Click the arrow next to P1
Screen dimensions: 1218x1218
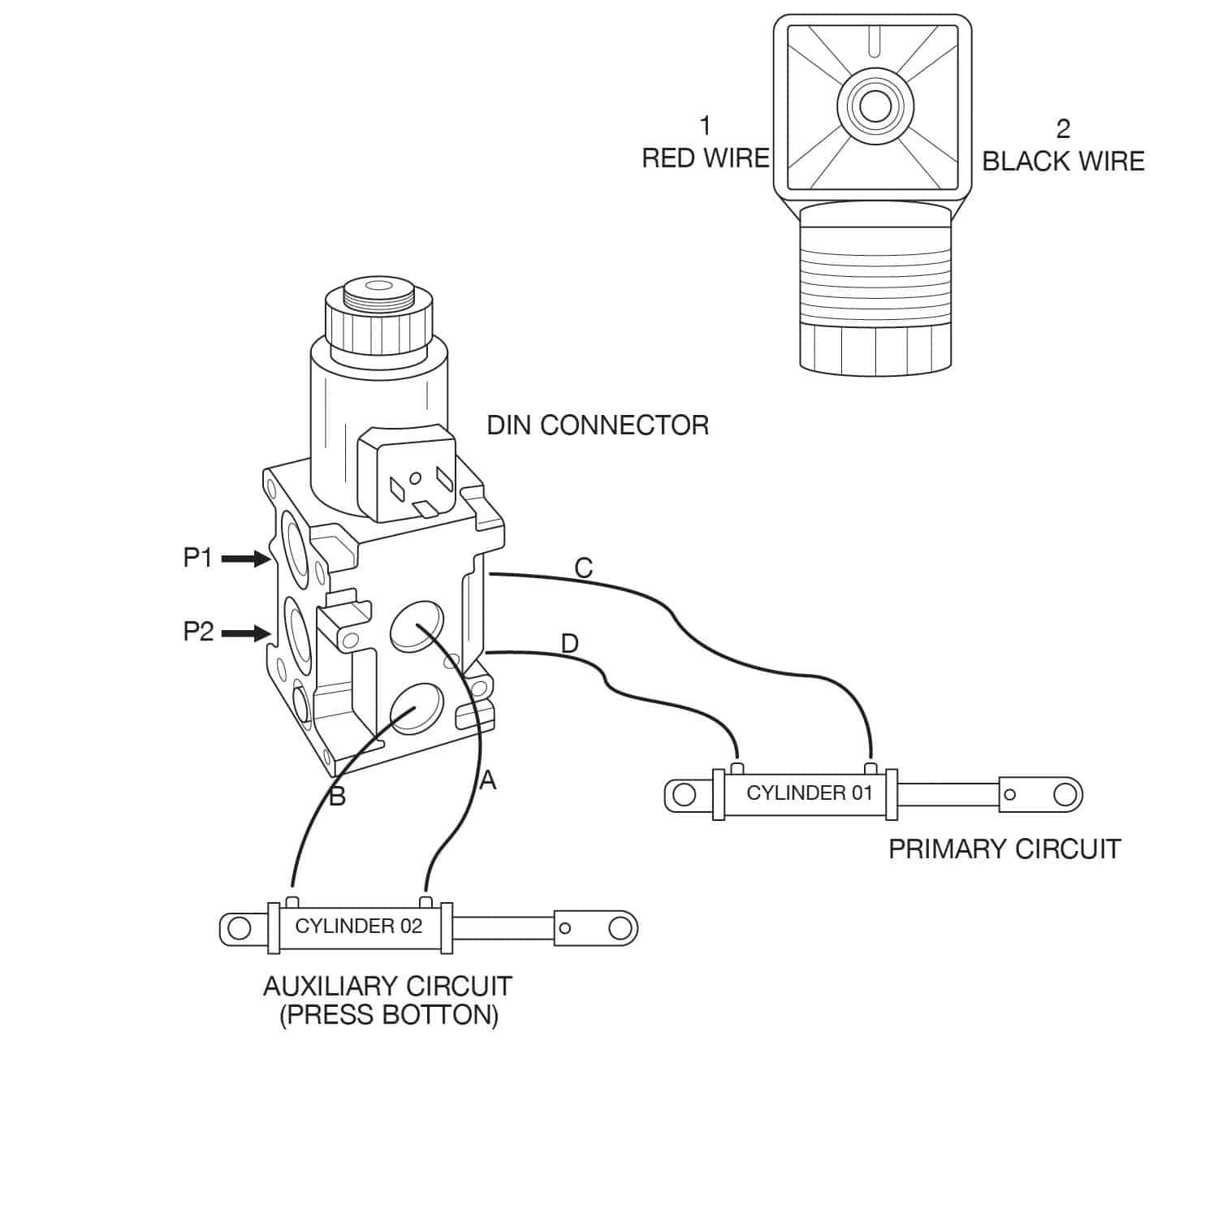245,559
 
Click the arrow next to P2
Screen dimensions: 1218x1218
245,633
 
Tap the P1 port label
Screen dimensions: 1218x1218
197,559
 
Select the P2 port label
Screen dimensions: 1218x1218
198,632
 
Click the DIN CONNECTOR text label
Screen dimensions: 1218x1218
598,425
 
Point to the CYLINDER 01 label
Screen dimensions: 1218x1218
809,793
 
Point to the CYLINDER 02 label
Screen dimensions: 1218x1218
358,926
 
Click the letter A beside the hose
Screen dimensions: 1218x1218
487,780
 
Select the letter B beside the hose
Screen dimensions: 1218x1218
337,797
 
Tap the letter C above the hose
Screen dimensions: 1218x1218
583,568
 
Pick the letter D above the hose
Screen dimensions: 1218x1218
570,644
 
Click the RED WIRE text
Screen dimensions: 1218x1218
705,158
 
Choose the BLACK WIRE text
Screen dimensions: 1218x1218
1063,162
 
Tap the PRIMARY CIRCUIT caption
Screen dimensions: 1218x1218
1004,849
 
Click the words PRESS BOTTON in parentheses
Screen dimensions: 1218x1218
389,1015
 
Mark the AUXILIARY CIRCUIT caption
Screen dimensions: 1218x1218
387,987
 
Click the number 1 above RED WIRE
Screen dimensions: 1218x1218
705,126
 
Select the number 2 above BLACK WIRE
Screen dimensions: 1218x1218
1063,128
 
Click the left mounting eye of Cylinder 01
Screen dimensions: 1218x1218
685,794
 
